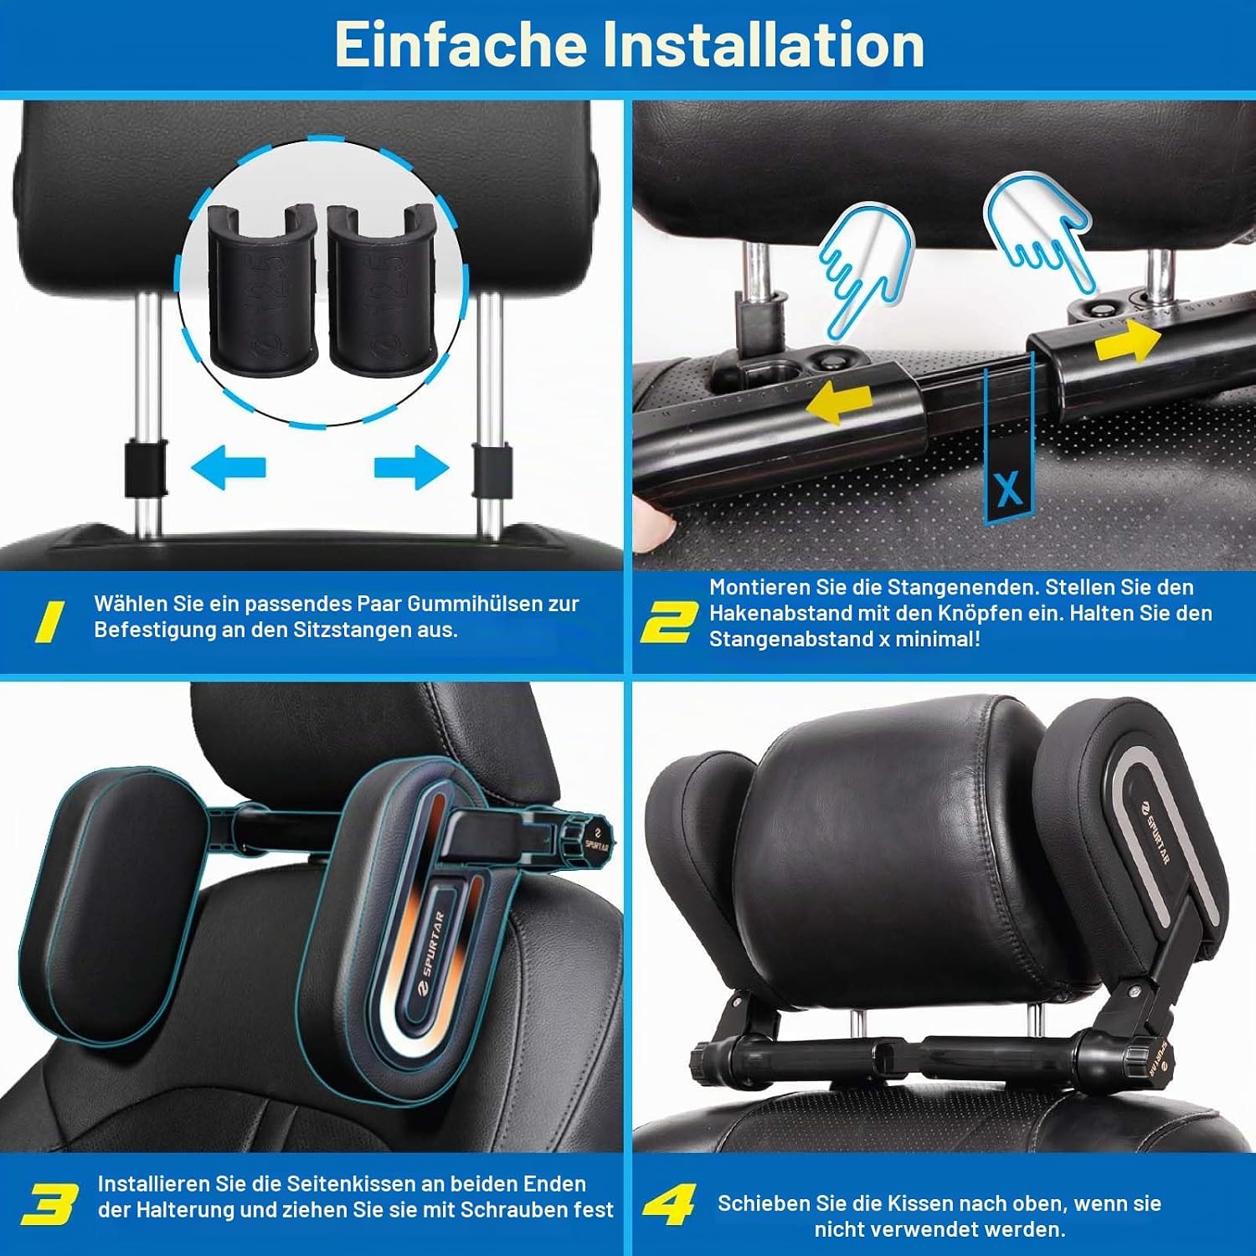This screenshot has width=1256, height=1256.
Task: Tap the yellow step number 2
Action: click(668, 621)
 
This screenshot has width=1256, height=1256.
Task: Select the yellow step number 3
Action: click(49, 1202)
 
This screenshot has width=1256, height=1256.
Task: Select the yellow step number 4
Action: click(669, 1202)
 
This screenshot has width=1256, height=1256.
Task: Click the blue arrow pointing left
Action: click(228, 466)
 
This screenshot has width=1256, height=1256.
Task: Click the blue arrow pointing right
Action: click(411, 466)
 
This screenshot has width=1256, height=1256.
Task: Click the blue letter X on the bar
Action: click(1009, 488)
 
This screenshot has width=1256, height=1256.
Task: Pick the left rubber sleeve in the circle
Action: click(262, 289)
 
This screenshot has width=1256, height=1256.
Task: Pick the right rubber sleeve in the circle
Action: click(381, 289)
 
